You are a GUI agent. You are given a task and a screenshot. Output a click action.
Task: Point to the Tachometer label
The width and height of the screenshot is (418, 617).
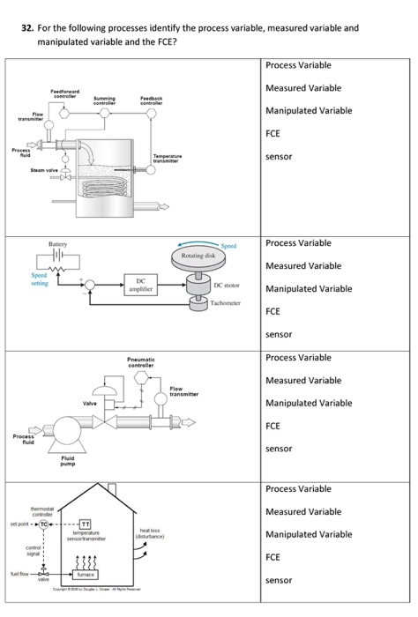(x=233, y=314)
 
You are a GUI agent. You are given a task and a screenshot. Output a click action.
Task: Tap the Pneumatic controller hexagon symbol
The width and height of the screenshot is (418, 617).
(x=142, y=376)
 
